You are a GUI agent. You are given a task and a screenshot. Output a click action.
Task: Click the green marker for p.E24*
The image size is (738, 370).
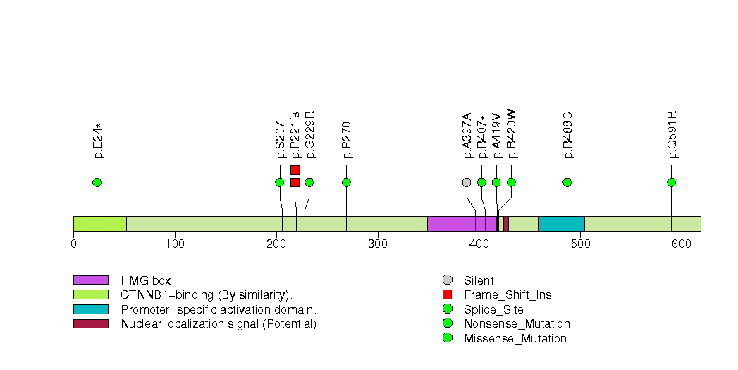point(97,182)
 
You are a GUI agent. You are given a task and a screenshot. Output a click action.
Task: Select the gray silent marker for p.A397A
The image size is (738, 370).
point(466,182)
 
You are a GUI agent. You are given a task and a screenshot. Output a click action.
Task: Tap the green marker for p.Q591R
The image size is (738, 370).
point(671,182)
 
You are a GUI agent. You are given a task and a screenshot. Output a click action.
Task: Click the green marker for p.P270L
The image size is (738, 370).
point(346,182)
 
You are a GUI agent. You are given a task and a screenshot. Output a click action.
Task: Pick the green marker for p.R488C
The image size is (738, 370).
point(567,182)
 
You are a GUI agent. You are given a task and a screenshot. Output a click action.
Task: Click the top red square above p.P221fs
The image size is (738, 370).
point(295,169)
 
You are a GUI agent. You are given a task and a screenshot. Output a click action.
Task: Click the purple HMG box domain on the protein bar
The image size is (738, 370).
point(462,223)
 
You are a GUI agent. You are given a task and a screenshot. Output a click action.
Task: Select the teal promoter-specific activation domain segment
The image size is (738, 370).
point(561,223)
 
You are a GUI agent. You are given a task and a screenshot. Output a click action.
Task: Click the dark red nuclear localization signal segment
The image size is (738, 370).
point(506,223)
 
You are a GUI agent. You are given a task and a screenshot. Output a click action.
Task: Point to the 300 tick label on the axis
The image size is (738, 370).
point(377,244)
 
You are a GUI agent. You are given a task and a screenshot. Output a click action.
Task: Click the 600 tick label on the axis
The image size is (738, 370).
point(681,244)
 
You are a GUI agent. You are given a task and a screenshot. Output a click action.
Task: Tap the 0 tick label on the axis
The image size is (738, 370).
point(73,244)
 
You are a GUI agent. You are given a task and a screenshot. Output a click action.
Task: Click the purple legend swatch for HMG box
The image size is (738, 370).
point(90,280)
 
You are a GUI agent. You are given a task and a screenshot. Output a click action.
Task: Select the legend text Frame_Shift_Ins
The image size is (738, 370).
point(508,294)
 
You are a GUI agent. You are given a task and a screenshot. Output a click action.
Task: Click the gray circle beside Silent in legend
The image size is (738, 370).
point(447,280)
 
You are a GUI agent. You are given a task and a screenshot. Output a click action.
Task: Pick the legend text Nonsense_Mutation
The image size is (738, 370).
point(517,323)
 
